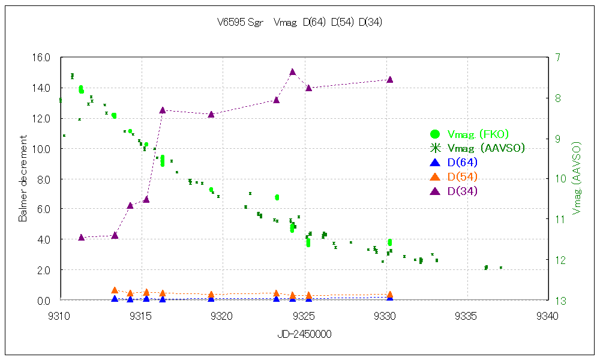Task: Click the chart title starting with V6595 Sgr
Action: click(299, 23)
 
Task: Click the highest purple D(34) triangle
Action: click(292, 72)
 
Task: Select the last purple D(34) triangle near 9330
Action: click(390, 79)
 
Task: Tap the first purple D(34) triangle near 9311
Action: click(82, 237)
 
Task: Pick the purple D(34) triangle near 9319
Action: click(211, 114)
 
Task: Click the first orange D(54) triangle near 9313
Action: click(115, 290)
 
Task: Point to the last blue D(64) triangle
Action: click(390, 297)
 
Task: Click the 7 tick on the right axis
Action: click(558, 58)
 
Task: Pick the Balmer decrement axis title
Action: click(23, 178)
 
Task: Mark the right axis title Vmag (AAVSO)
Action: click(577, 178)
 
